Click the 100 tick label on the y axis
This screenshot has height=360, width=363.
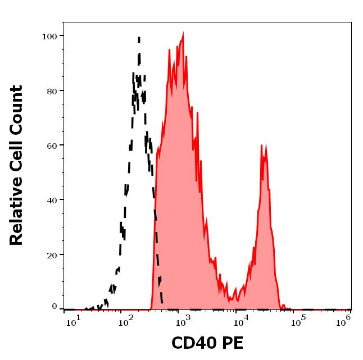[49, 37]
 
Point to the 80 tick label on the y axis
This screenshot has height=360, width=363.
[52, 91]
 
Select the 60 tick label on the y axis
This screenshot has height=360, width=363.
[52, 145]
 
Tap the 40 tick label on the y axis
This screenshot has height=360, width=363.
[52, 200]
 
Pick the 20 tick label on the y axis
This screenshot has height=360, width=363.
[52, 255]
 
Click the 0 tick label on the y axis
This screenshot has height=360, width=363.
[55, 307]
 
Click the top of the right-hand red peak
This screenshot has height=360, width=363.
[262, 145]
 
